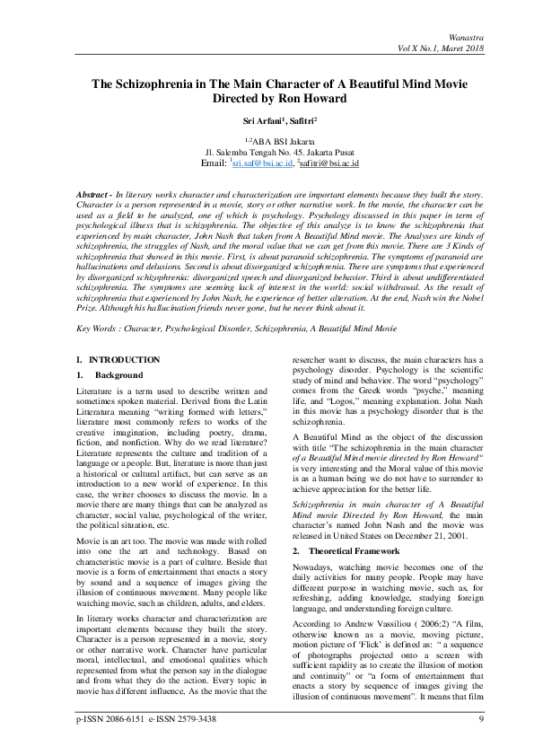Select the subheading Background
point(118,374)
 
